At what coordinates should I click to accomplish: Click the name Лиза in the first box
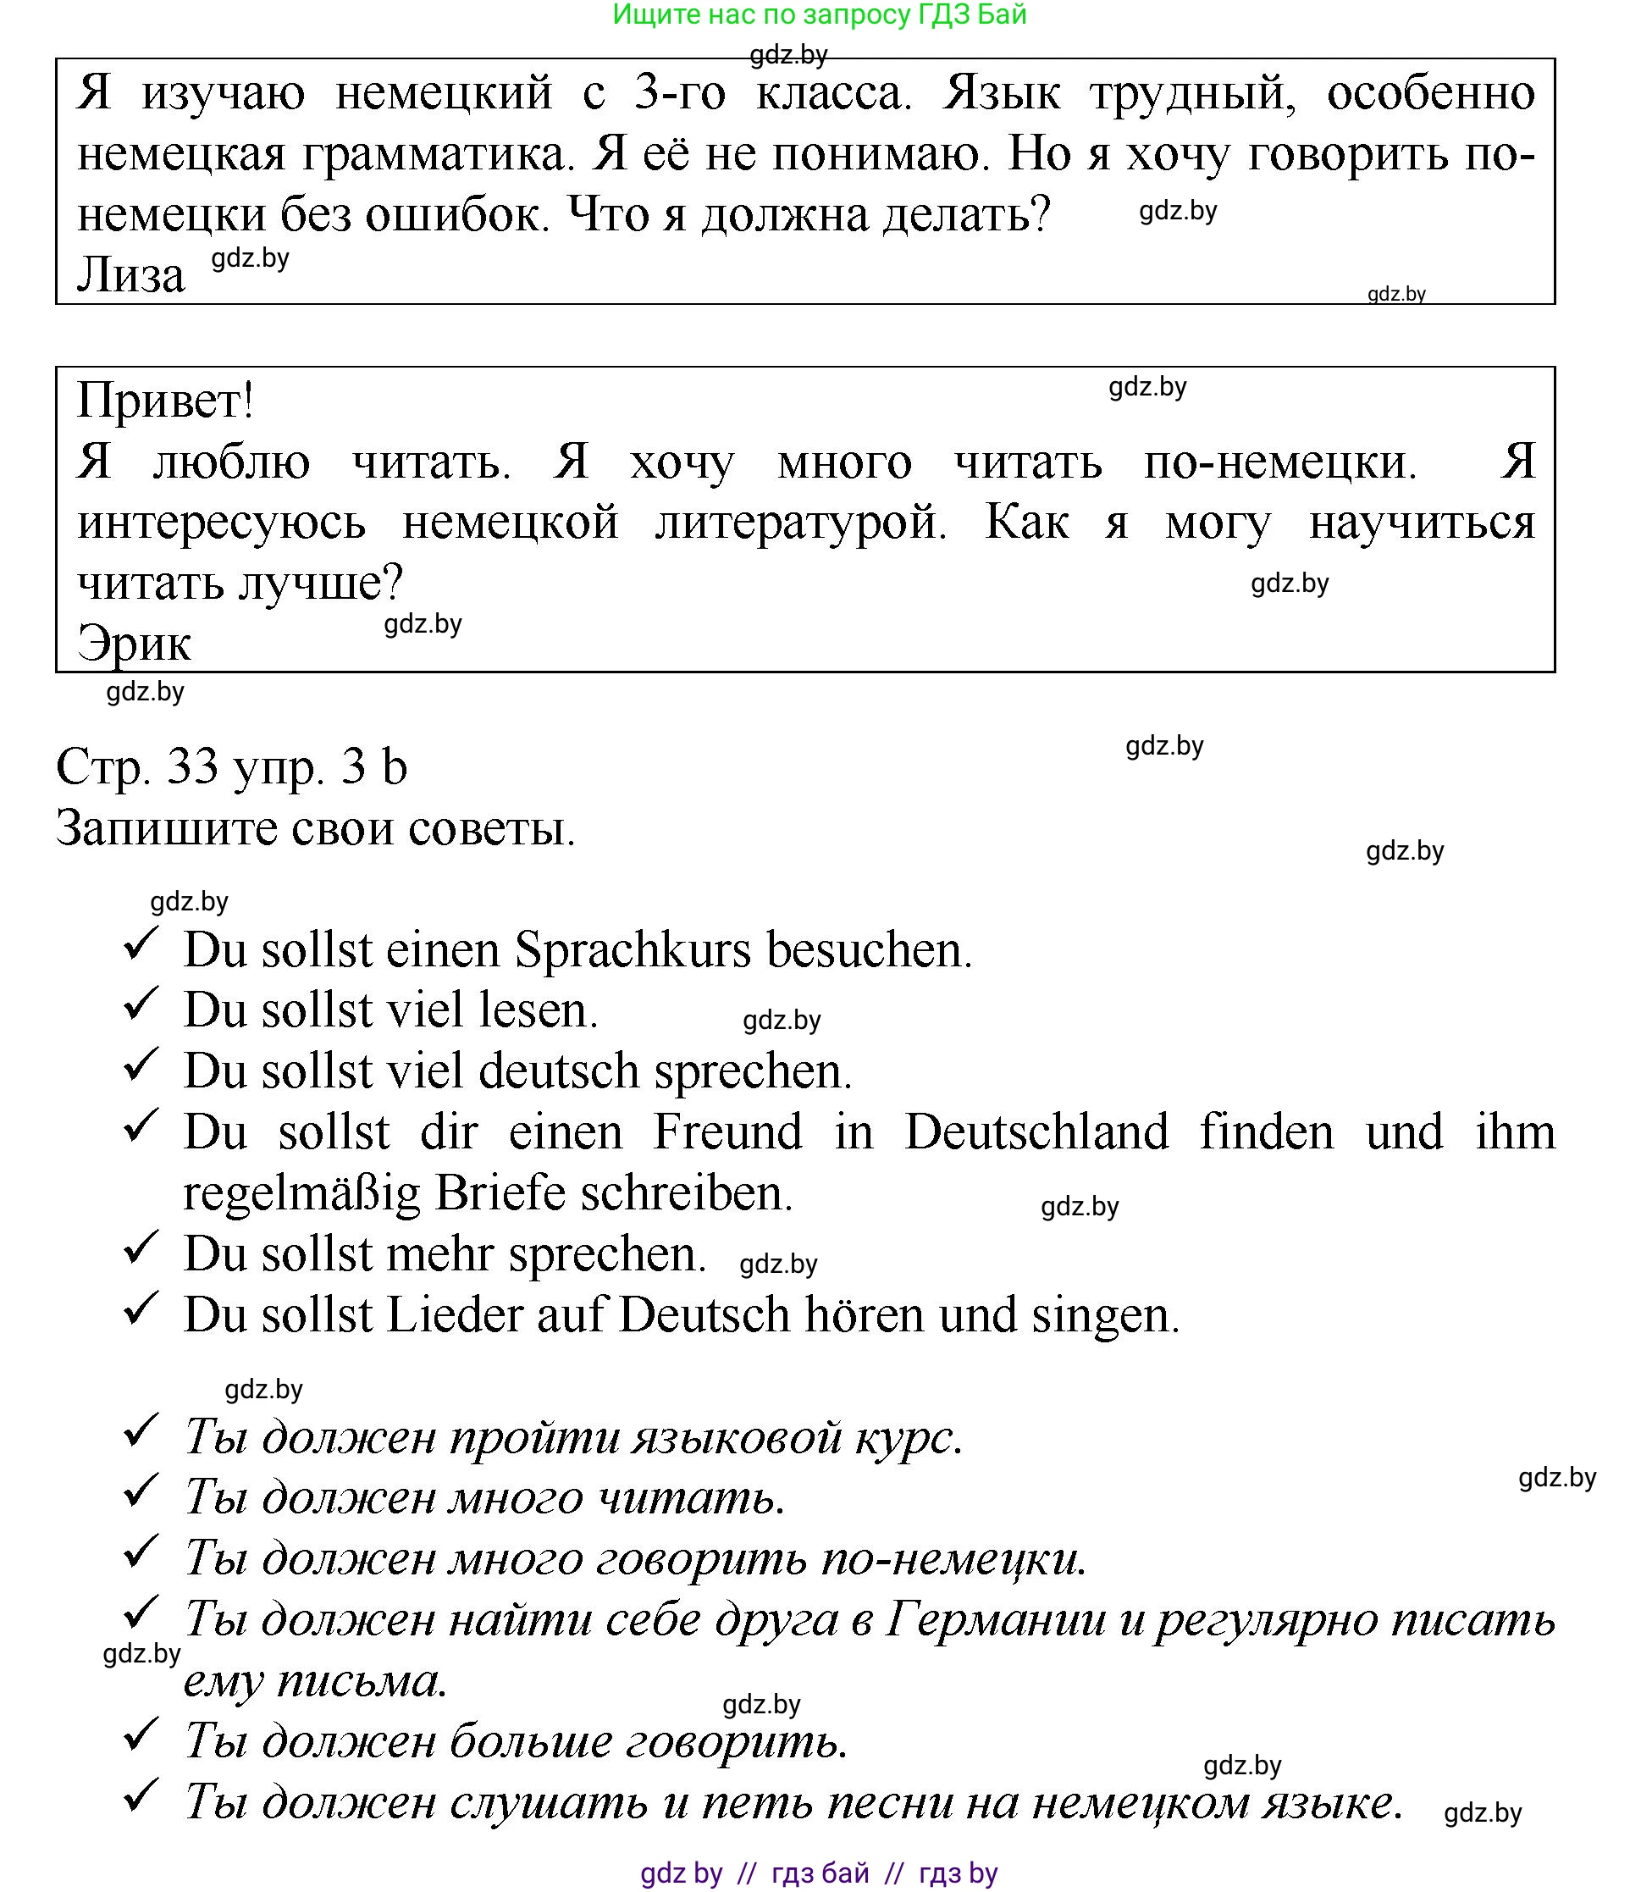tap(131, 275)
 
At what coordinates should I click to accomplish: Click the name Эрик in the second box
tap(134, 644)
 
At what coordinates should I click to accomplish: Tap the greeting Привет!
tap(165, 401)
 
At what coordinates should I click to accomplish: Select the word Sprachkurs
tap(633, 950)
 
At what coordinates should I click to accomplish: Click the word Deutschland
tap(1036, 1133)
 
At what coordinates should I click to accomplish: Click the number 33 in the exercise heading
tap(193, 767)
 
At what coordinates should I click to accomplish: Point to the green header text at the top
tap(820, 14)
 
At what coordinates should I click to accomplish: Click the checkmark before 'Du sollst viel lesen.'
tap(141, 1005)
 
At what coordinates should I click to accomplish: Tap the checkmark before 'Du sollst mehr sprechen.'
tap(141, 1249)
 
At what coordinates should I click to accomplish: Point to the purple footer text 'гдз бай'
tap(820, 1873)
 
